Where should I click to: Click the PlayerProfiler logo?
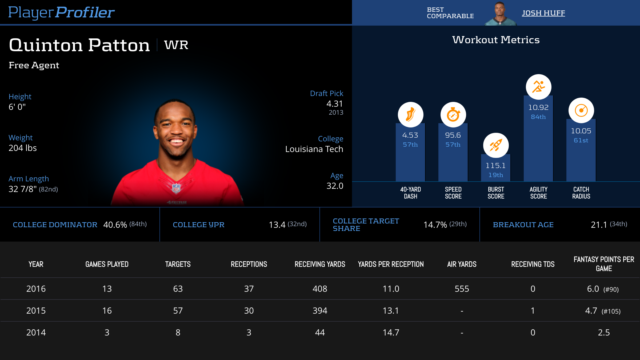[61, 12]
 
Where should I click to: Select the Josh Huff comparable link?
[543, 13]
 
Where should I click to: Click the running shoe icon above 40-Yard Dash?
[410, 115]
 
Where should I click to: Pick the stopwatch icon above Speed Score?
[453, 115]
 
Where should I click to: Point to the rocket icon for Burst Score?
[496, 145]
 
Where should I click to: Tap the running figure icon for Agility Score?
[538, 87]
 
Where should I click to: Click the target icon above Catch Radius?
[581, 110]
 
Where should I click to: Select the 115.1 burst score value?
[495, 166]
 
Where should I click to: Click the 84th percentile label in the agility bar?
[538, 117]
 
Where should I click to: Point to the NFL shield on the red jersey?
[176, 188]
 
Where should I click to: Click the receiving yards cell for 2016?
[320, 289]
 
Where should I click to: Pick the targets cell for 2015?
[178, 311]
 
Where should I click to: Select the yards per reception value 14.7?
[391, 333]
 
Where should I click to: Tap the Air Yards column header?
[462, 264]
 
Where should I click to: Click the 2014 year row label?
[36, 333]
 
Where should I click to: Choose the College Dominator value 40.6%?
[115, 225]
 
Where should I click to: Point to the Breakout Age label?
[523, 225]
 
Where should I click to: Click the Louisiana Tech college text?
[314, 149]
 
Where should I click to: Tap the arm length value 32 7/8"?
[23, 189]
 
